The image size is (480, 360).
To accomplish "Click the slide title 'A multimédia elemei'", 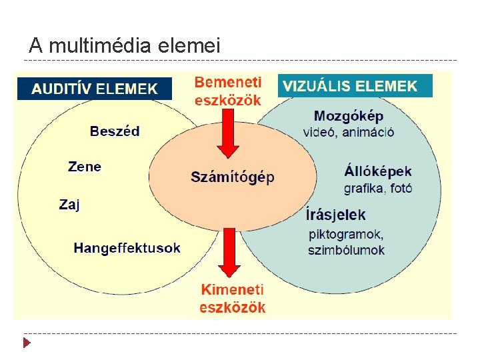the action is pos(124,45).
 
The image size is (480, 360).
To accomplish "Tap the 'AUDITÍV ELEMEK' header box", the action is pos(95,88).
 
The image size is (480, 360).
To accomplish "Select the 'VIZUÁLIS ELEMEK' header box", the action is pos(355,86).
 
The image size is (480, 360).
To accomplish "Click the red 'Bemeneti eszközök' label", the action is pos(228,92).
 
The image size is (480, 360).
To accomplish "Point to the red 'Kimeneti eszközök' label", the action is pos(233,298).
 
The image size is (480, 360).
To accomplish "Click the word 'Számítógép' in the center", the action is pos(233,177).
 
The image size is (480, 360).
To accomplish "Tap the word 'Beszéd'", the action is pos(115,131).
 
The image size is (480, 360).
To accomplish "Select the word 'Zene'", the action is pos(85,166).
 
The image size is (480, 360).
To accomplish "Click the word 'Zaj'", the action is pos(69,205).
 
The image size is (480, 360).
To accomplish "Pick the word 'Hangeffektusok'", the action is pos(127,248).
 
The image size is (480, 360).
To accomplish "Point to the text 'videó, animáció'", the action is pos(349,131).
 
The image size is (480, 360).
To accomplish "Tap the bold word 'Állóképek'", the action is pos(378,171).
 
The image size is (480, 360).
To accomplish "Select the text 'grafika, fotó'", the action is pos(378,188).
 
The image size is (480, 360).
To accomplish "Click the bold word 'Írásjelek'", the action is pos(336,215).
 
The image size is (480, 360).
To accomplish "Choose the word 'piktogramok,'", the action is pos(346,234).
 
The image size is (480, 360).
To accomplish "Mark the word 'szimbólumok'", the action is pos(347,250).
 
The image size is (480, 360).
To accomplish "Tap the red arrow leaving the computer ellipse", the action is pos(229,253).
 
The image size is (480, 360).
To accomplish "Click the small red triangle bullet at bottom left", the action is pos(27,343).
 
